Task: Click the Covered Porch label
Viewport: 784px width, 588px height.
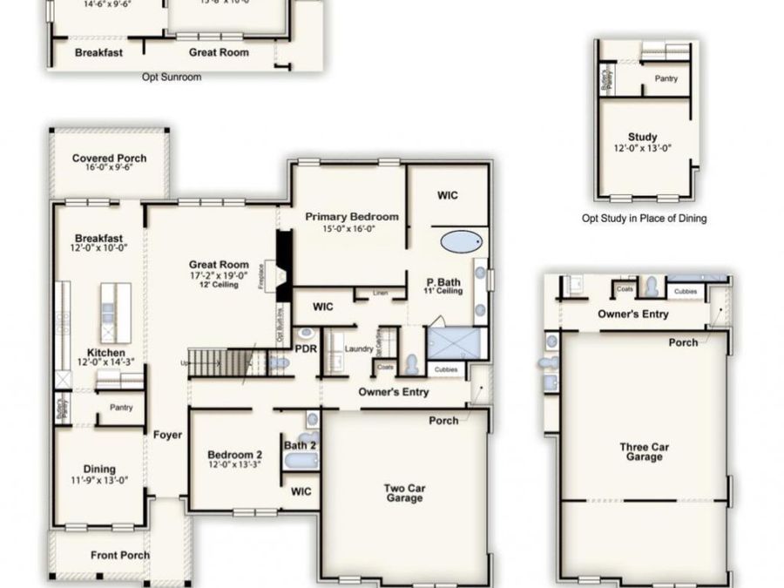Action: [x=109, y=159]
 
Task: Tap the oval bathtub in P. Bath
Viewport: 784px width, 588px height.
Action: [x=460, y=241]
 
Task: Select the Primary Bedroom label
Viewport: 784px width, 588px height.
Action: [x=352, y=217]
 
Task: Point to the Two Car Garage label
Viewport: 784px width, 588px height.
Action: [x=404, y=493]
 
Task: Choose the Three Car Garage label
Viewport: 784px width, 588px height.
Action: [x=645, y=452]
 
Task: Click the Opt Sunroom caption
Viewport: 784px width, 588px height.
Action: [x=172, y=78]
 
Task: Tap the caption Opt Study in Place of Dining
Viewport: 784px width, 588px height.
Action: [x=644, y=219]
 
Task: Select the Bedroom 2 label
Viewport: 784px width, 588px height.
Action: [x=234, y=455]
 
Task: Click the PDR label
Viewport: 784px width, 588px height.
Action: [x=306, y=348]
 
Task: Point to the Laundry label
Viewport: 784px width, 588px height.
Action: [x=359, y=349]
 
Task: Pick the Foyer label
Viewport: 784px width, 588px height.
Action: [x=167, y=435]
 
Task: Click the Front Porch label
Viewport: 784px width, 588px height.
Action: [x=120, y=555]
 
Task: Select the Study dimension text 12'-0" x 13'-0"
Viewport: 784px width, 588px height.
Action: [x=642, y=148]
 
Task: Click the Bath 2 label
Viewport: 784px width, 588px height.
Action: [x=301, y=446]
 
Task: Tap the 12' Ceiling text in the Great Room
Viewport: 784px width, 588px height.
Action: [x=220, y=285]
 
